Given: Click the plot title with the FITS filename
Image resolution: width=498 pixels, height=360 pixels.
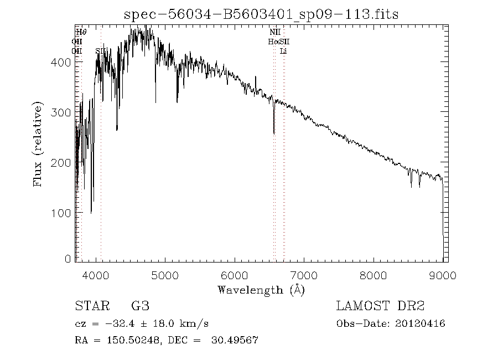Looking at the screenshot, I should [x=261, y=14].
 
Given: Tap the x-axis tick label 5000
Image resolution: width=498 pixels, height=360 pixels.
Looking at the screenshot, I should [x=165, y=275].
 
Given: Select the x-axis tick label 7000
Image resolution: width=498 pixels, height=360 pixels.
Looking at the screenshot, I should [x=304, y=275].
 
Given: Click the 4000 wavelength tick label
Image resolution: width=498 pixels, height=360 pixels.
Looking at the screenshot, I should [x=96, y=275].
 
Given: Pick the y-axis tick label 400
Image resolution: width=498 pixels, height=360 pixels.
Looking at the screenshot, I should [x=62, y=63].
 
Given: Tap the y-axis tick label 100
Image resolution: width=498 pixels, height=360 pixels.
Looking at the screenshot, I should [x=62, y=213].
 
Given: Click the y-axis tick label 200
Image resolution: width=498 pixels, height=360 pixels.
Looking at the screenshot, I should [x=62, y=163].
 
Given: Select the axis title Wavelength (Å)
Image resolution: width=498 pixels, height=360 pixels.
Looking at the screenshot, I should [x=261, y=290].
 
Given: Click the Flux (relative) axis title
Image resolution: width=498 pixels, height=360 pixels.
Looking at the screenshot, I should [x=38, y=143].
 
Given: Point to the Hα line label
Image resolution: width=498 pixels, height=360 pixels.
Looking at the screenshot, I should [x=273, y=42].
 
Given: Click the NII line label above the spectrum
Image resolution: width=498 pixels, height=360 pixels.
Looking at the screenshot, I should [x=275, y=33].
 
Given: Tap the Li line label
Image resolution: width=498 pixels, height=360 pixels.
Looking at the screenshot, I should [x=283, y=51].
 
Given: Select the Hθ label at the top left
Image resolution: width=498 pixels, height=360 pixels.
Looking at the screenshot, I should [x=81, y=33].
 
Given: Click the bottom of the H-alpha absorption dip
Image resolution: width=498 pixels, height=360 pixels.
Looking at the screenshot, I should [x=274, y=132].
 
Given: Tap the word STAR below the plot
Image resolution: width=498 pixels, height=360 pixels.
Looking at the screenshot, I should [x=90, y=306].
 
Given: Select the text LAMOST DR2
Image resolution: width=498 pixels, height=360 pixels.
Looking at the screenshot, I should [x=380, y=306].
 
